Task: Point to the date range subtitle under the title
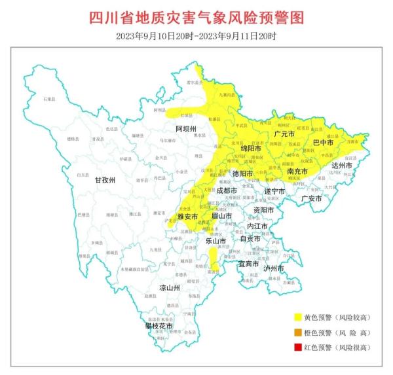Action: [196, 35]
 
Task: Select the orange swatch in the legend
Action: [295, 332]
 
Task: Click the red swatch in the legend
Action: [295, 347]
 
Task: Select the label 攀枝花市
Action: [160, 325]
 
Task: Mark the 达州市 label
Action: [341, 166]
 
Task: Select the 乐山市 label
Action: [216, 241]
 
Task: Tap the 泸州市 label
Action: [273, 268]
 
